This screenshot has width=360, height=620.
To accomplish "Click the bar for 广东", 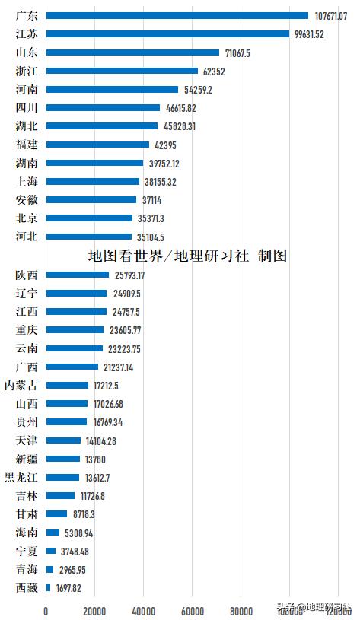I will coord(177,15).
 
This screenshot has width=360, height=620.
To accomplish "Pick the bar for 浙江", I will coord(122,71).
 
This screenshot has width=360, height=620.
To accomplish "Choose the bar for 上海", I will coord(93,182).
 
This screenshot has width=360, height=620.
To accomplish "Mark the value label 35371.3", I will coord(154,218).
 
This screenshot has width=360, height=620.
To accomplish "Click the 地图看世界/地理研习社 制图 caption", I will coord(187,256).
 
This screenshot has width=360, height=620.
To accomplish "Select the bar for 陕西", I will coord(77,275).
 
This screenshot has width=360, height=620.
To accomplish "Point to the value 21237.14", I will coord(118,367).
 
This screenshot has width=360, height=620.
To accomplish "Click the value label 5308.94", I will coord(78,533).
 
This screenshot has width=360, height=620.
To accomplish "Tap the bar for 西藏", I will coord(48,588).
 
